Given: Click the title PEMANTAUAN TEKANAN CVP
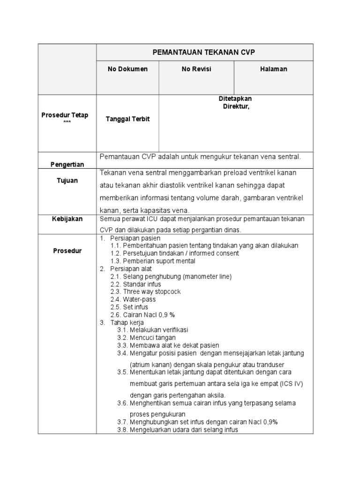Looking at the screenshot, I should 204,52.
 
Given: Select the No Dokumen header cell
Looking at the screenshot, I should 127,69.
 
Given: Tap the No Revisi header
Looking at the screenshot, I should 196,69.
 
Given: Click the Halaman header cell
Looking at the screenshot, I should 274,69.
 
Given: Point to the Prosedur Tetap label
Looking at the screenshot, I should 67,115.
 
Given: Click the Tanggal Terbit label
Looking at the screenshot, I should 127,119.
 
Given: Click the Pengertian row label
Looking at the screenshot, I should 67,164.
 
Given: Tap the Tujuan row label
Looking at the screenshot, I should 67,180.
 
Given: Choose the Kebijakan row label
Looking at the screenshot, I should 67,218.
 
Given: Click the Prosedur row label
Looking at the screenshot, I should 67,251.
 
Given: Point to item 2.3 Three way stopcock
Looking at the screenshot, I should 145,292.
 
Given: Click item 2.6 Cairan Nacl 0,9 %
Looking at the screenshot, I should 142,314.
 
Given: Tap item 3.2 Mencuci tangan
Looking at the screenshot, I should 147,337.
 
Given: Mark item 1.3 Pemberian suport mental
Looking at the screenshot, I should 153,261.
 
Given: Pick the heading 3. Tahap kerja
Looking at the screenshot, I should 122,322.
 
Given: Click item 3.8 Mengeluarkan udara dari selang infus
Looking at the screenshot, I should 178,429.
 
